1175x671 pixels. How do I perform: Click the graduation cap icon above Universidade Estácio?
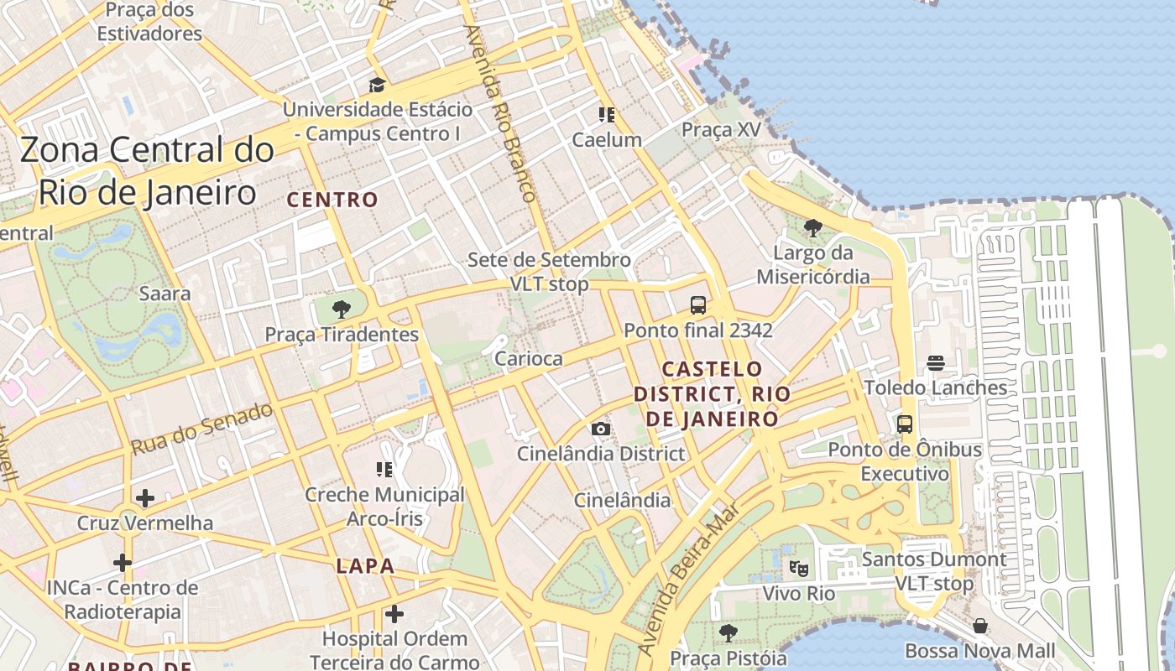377,85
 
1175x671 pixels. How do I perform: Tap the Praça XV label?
720,130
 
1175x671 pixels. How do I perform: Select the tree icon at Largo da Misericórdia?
812,227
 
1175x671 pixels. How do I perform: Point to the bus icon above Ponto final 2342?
697,304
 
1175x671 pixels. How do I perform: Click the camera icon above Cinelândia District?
601,429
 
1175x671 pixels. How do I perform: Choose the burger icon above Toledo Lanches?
936,363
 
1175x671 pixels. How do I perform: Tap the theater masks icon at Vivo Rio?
799,569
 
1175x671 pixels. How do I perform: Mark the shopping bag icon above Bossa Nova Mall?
979,626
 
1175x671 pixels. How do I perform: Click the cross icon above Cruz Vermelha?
145,498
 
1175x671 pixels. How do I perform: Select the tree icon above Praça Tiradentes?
341,309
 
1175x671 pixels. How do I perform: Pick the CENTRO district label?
333,200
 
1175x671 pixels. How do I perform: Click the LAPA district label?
365,566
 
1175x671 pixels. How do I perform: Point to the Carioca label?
529,359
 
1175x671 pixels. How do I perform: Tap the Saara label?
164,294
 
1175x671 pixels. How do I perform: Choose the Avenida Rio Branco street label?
500,113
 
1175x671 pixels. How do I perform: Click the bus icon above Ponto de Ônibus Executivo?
904,424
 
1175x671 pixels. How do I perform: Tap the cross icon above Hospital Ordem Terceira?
394,614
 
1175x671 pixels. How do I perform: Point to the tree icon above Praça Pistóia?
728,633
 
